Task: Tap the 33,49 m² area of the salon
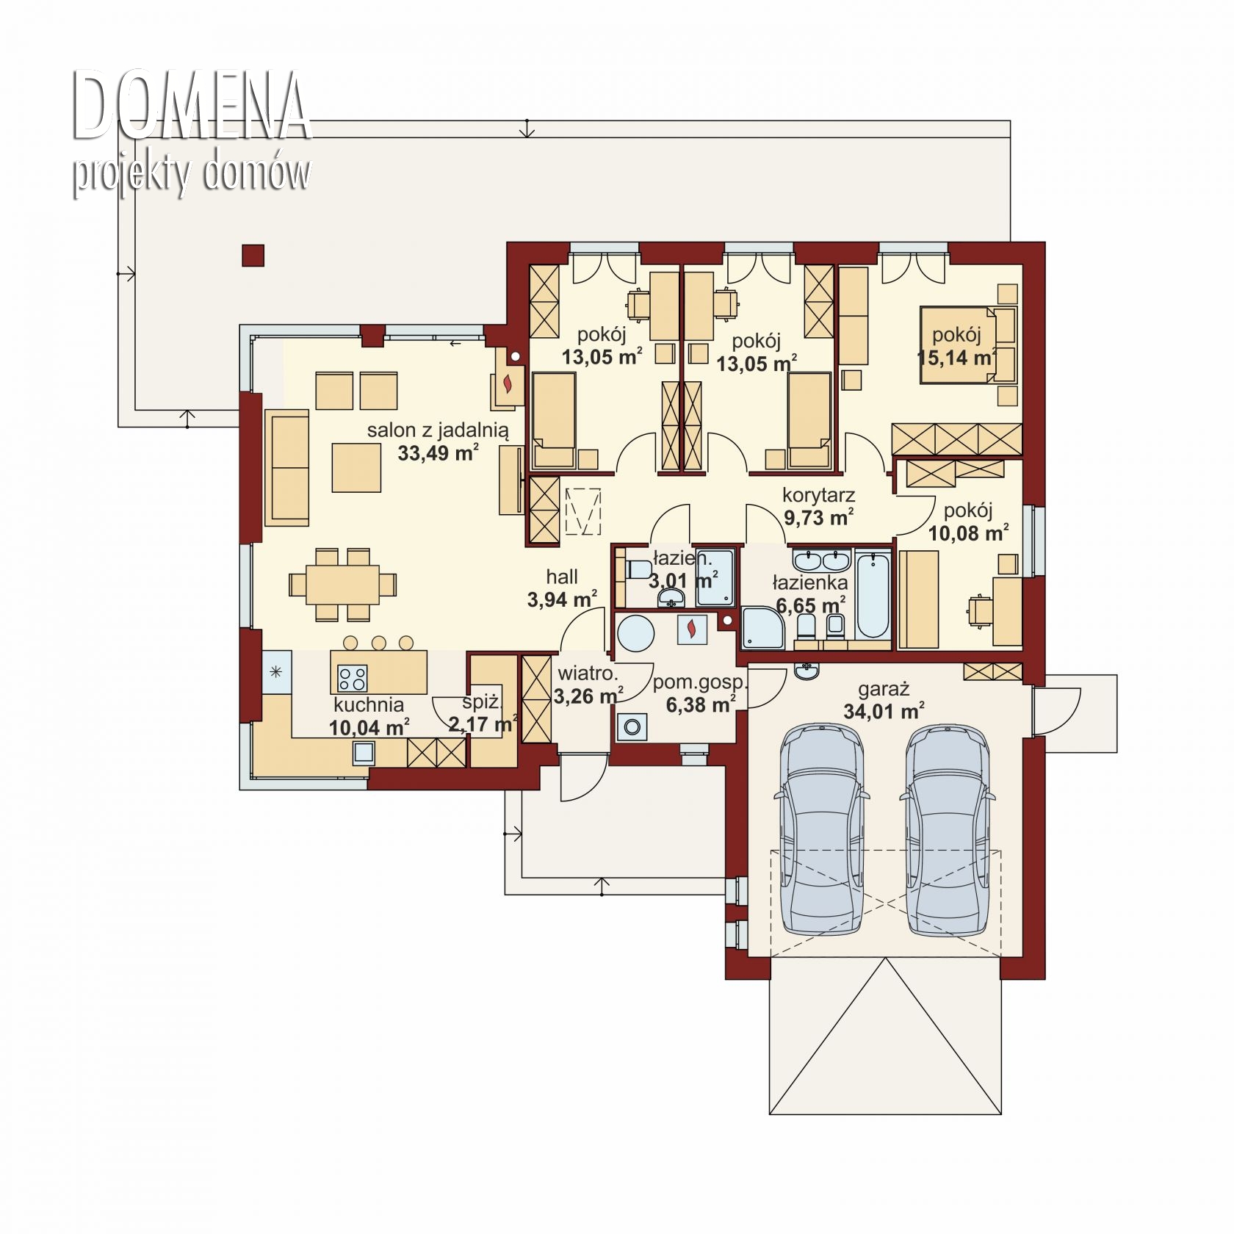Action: (x=439, y=452)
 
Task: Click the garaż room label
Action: (x=884, y=690)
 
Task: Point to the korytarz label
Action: (x=818, y=495)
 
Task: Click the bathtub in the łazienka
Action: (x=872, y=596)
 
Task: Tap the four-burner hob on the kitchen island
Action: (x=352, y=677)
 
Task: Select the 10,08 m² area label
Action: (x=969, y=533)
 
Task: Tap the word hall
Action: (x=562, y=577)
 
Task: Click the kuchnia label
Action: (x=369, y=705)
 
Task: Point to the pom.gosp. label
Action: (x=699, y=682)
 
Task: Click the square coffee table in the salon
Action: (x=356, y=467)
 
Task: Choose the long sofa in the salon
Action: (x=286, y=469)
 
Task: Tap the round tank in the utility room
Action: (x=636, y=632)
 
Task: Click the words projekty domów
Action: (x=191, y=174)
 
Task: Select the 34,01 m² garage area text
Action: (x=884, y=711)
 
